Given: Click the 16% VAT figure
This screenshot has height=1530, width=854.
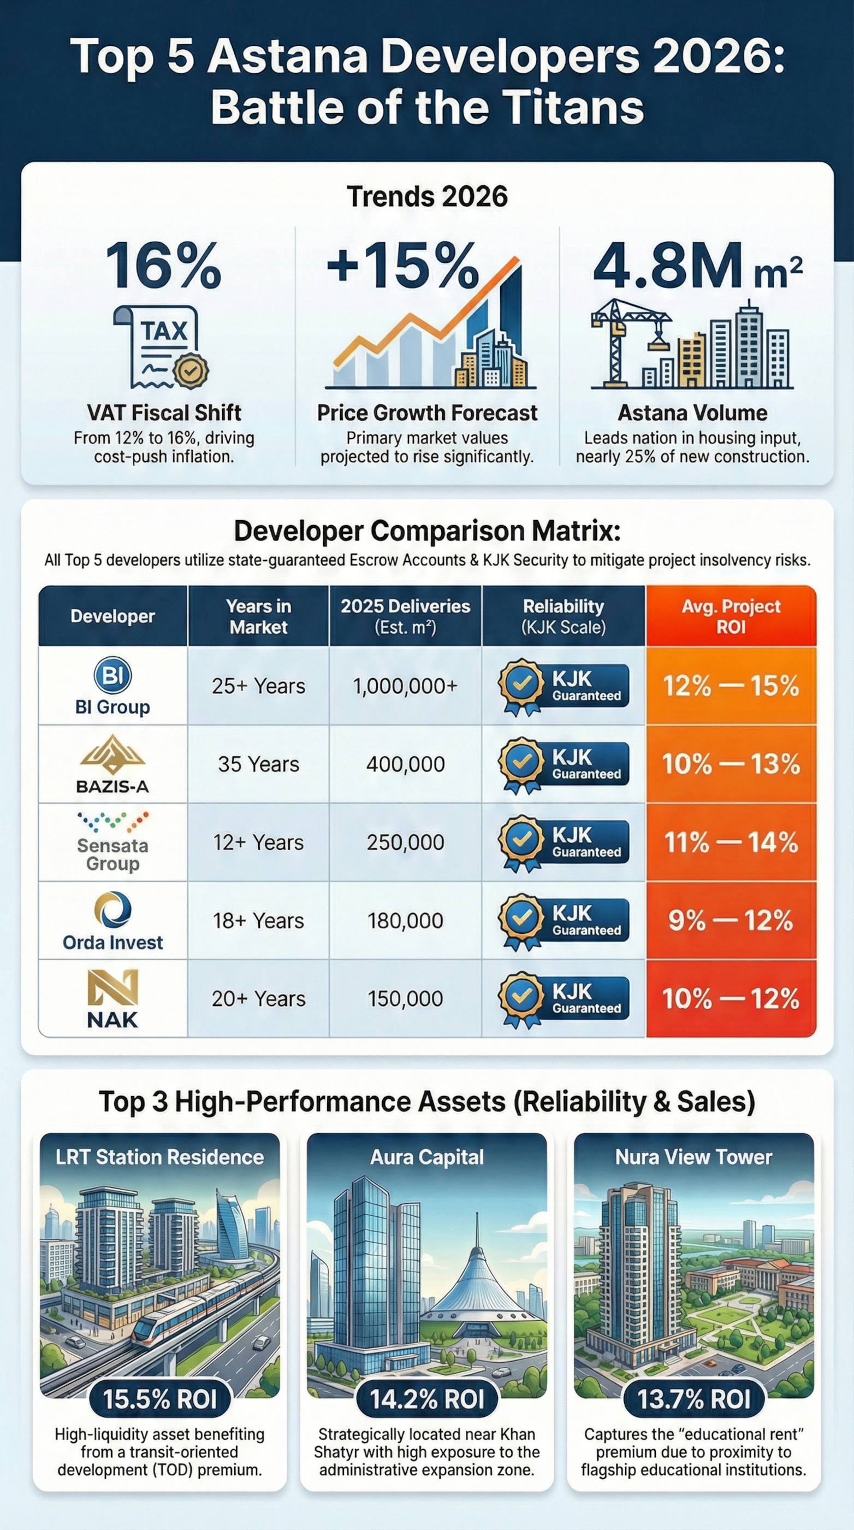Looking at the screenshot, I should tap(163, 266).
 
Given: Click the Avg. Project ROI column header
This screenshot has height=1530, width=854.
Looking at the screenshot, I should tap(731, 616).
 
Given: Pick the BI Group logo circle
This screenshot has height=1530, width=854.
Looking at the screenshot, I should tap(113, 675).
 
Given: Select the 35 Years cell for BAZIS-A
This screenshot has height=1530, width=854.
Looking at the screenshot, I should tap(258, 764).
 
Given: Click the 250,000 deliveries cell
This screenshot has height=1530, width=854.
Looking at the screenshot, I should tap(405, 842).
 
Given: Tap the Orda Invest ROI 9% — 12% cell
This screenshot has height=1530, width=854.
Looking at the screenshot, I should tap(731, 921).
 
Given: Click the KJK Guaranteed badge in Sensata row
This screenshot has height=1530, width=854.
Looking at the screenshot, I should tap(562, 843).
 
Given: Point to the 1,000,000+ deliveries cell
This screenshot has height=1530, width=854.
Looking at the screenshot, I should tap(405, 686).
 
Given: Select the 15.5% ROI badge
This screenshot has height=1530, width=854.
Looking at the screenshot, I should tap(159, 1399).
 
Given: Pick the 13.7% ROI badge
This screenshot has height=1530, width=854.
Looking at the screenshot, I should tap(694, 1399).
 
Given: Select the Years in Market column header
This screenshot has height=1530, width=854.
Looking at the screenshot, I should tap(258, 616).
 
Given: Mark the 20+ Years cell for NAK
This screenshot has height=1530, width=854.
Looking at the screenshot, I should tap(258, 999).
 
